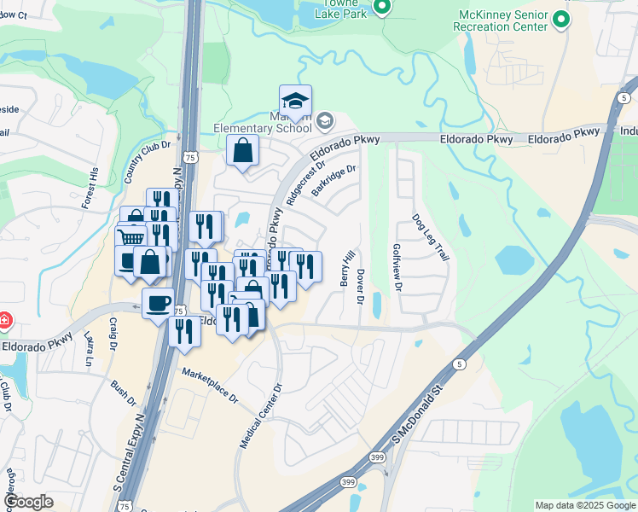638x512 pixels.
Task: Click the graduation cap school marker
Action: point(295,100)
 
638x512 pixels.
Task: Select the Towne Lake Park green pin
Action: point(382,9)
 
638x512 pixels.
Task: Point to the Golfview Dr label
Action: point(397,267)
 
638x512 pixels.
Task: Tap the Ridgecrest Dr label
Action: point(307,180)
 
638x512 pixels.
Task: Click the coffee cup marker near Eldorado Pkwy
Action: point(158,304)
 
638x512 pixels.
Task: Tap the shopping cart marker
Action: point(130,238)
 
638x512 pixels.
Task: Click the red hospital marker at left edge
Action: point(4,322)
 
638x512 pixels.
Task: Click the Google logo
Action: point(27,502)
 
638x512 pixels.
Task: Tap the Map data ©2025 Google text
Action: point(584,505)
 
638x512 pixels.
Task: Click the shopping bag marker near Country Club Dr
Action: point(243,151)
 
